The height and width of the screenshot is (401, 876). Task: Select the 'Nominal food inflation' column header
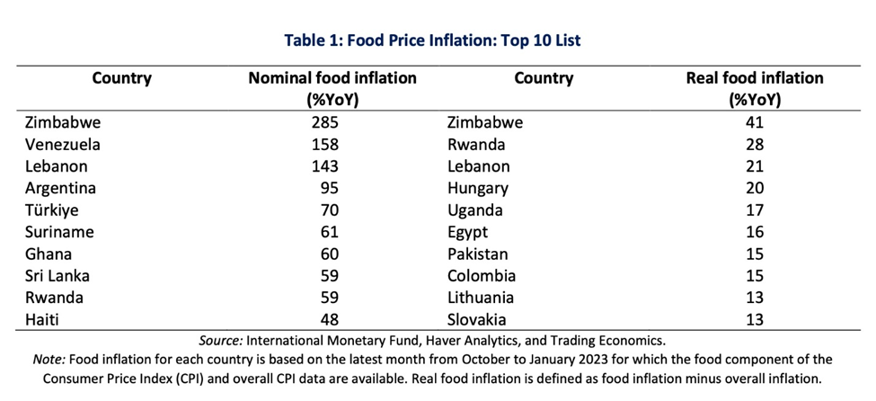pos(332,78)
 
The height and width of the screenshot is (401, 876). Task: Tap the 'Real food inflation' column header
pos(755,78)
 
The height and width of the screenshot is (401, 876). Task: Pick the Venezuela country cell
pos(63,144)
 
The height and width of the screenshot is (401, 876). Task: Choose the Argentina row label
pos(61,188)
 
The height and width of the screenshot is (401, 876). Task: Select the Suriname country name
pos(60,232)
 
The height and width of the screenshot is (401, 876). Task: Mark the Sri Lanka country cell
pos(58,276)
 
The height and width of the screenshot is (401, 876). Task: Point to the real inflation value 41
pos(755,122)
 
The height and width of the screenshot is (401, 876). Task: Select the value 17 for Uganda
pos(755,210)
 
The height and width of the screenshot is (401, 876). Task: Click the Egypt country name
pos(470,232)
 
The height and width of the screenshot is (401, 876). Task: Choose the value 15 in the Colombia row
pos(755,276)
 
